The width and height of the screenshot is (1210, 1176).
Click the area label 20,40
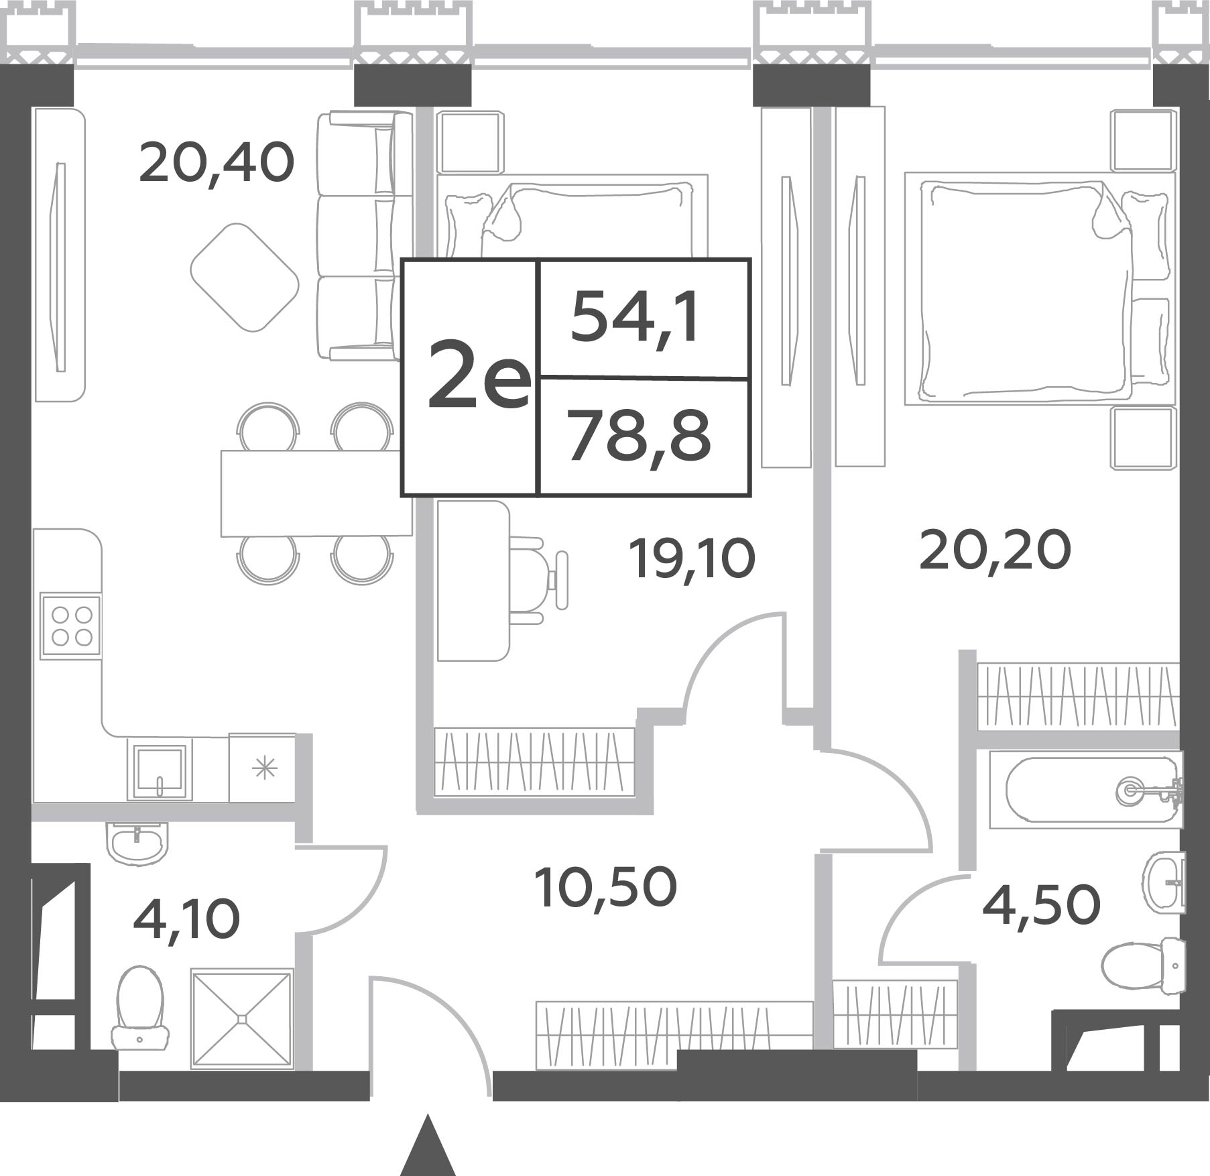pyautogui.click(x=217, y=165)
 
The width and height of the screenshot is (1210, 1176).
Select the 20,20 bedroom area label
pyautogui.click(x=995, y=550)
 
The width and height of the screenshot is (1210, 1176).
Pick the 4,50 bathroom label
pyautogui.click(x=1041, y=904)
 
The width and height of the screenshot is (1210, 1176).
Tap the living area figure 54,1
pyautogui.click(x=635, y=318)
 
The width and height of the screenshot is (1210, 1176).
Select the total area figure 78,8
pyautogui.click(x=638, y=436)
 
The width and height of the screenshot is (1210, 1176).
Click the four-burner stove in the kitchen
pyautogui.click(x=70, y=626)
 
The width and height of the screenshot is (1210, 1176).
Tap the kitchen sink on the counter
pyautogui.click(x=160, y=769)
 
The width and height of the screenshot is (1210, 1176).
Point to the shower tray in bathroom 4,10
pyautogui.click(x=242, y=1018)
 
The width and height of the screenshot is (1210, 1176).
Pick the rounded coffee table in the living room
pyautogui.click(x=245, y=277)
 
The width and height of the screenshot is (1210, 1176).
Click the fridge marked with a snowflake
pyautogui.click(x=263, y=768)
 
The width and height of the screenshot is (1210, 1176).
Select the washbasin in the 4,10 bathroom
pyautogui.click(x=137, y=842)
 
